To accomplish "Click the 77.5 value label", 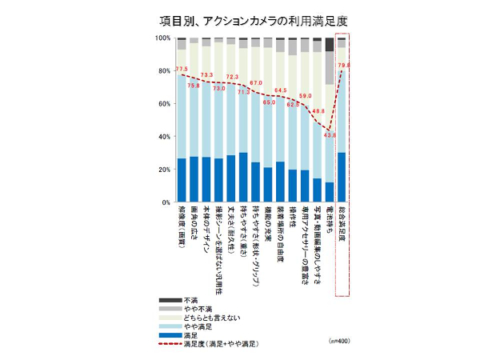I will tap(182, 69).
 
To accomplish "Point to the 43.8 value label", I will tap(329, 134).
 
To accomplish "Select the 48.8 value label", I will tap(317, 111).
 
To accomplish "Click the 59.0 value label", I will tap(305, 96).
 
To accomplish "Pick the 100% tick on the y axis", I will tap(162, 38).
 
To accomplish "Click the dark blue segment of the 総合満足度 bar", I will tap(342, 177).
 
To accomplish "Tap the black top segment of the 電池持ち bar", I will tap(330, 45).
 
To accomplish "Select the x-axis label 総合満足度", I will tap(342, 228).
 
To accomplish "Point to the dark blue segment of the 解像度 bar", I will tap(182, 180).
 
